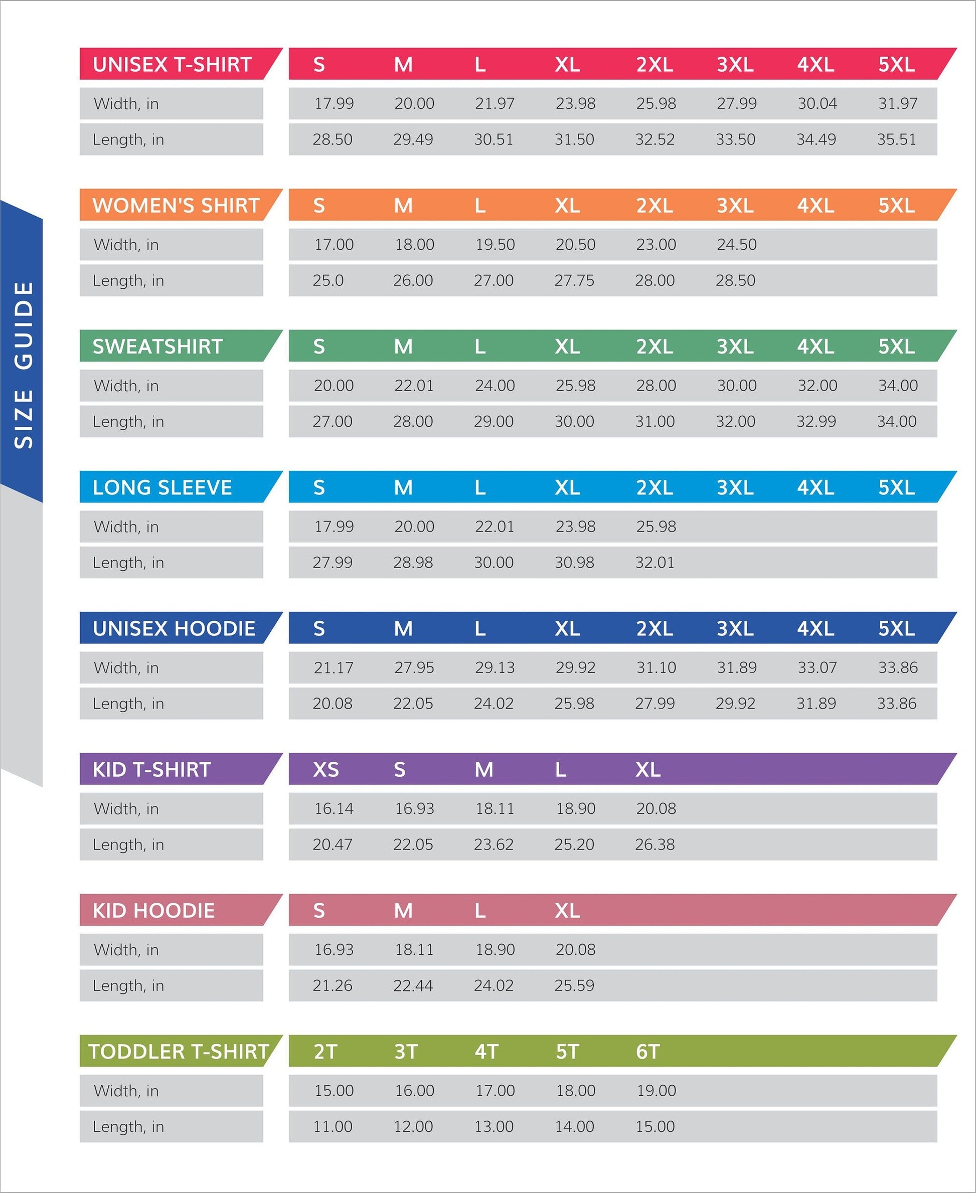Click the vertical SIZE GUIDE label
[x=24, y=365]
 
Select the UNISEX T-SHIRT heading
[x=172, y=65]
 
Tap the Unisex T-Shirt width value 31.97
[x=897, y=103]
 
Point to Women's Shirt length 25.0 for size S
[x=328, y=280]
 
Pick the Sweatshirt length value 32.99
[x=816, y=421]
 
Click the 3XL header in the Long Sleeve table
[x=735, y=487]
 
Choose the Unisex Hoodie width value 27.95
[x=414, y=667]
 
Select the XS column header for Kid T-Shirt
[x=326, y=769]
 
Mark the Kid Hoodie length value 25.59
[x=574, y=985]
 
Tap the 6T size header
[x=647, y=1051]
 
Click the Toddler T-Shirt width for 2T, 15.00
[x=334, y=1091]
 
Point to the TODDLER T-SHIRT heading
[x=179, y=1051]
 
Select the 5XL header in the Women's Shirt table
[x=896, y=206]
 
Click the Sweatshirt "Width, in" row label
[x=126, y=386]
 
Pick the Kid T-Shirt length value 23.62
[x=493, y=844]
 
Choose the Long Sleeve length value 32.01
[x=655, y=562]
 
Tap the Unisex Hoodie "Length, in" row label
[x=128, y=704]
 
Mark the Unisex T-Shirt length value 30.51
[x=493, y=139]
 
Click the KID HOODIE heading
[x=153, y=910]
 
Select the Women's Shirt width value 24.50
[x=736, y=245]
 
